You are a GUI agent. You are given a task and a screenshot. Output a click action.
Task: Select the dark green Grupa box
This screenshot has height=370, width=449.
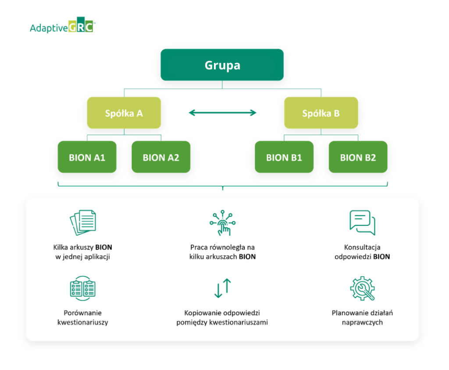222,65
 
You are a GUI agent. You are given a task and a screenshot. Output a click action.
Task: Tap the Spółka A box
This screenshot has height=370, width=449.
124,113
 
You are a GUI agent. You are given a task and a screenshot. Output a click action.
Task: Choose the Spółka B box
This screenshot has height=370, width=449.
321,113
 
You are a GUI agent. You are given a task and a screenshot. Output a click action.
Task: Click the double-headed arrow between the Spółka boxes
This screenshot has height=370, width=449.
222,113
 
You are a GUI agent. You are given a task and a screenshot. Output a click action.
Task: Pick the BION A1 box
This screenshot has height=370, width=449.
87,157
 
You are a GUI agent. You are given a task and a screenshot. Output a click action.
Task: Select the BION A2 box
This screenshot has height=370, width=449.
161,157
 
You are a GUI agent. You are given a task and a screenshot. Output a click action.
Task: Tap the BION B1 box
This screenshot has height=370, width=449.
284,157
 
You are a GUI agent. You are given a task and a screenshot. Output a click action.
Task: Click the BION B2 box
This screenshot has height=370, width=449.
358,157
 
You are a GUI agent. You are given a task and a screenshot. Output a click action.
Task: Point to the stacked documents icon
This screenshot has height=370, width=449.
83,222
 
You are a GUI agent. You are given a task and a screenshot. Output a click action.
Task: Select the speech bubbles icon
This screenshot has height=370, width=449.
362,222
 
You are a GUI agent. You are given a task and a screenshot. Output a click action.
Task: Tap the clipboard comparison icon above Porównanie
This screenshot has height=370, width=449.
83,288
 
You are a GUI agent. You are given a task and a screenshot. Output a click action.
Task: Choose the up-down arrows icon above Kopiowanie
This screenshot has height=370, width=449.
222,288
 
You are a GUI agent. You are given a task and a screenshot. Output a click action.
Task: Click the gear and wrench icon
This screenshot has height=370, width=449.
362,288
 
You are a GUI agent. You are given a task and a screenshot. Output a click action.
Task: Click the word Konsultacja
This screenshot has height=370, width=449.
362,247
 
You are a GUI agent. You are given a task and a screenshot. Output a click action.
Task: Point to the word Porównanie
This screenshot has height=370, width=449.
83,313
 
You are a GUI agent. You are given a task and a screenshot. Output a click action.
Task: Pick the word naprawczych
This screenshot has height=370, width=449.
362,322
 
